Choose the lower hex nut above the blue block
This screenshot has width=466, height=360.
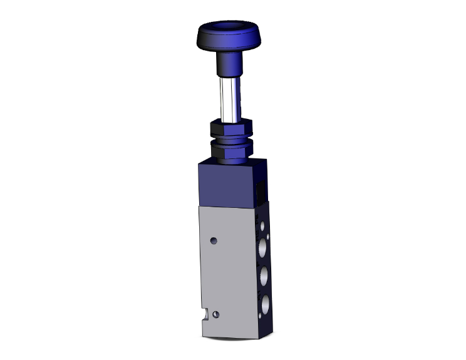[x=228, y=150]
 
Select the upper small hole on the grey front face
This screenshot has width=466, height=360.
[x=214, y=240]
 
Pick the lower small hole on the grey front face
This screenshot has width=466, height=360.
[x=216, y=314]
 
